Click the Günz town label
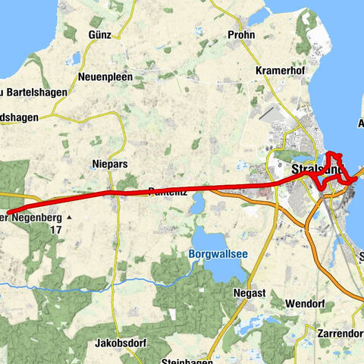point(99,35)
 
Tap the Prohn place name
point(242,35)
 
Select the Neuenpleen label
point(105,77)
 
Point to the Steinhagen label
point(178,359)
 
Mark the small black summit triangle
point(69,218)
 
